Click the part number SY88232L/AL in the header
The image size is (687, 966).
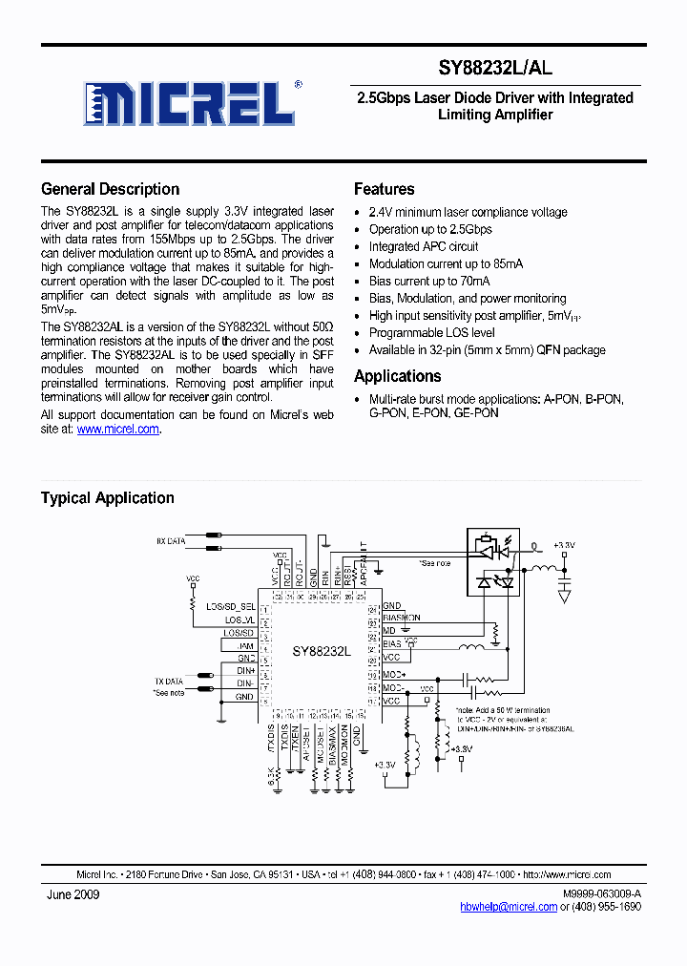pos(495,68)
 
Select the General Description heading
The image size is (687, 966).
pos(110,189)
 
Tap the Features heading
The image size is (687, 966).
pos(384,189)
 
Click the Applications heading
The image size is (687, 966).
pos(397,376)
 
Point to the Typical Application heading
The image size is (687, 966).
pos(107,497)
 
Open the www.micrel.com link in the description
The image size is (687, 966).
pos(117,430)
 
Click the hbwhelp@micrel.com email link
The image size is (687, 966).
pos(508,906)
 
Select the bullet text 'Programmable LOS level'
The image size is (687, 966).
pos(431,333)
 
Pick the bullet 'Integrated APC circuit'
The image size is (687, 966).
pos(424,246)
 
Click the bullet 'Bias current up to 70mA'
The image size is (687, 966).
pos(429,281)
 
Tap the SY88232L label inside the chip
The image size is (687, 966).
pos(322,650)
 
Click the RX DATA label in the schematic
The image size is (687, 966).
pos(172,541)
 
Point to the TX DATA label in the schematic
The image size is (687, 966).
pos(169,682)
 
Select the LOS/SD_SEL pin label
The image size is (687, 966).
pos(231,606)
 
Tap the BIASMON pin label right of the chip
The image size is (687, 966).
pos(401,618)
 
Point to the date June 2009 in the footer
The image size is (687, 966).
pos(73,894)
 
